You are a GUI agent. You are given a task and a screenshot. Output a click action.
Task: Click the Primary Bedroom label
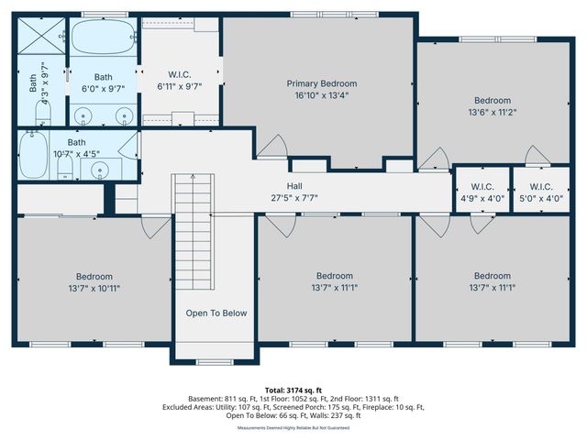pyautogui.click(x=321, y=83)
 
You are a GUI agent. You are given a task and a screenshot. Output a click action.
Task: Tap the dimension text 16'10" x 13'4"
pyautogui.click(x=321, y=95)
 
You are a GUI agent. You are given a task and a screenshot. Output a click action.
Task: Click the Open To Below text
pyautogui.click(x=216, y=313)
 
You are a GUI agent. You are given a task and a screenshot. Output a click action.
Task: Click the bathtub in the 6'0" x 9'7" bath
pyautogui.click(x=103, y=39)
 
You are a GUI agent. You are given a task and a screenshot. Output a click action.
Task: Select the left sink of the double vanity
pyautogui.click(x=85, y=115)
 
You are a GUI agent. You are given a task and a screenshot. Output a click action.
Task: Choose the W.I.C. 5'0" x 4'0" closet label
pyautogui.click(x=536, y=188)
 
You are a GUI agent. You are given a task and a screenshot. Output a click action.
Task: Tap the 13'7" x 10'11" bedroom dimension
pyautogui.click(x=94, y=289)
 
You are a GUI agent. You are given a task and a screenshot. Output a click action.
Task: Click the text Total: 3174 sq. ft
pyautogui.click(x=293, y=389)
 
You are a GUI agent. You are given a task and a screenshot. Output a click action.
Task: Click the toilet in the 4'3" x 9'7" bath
pyautogui.click(x=42, y=115)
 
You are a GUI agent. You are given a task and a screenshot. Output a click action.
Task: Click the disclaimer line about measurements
pyautogui.click(x=293, y=427)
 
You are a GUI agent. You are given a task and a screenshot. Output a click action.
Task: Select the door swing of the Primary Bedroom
pyautogui.click(x=270, y=147)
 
